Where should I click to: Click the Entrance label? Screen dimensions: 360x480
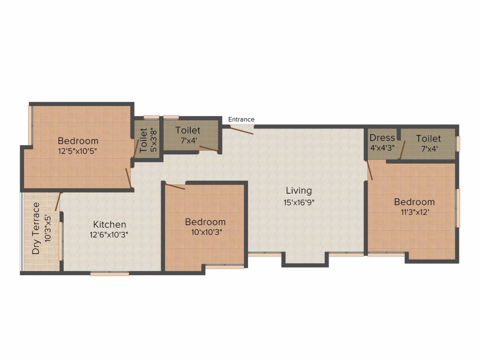(241, 120)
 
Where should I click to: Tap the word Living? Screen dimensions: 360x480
(299, 190)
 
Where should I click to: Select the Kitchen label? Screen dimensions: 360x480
(109, 225)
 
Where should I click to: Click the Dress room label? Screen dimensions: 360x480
(382, 138)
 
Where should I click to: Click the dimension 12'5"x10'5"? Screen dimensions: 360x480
(78, 151)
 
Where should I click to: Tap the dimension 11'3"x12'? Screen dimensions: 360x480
(414, 212)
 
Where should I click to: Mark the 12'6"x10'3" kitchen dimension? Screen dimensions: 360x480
(109, 235)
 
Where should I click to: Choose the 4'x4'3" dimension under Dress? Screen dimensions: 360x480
(382, 147)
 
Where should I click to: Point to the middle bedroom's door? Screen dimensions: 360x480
(174, 186)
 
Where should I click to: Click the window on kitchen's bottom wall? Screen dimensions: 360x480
(109, 274)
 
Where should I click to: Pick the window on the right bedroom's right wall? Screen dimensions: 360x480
(458, 208)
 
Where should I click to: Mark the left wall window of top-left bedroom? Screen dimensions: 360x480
(30, 125)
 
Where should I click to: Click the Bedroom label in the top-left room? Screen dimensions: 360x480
(78, 141)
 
